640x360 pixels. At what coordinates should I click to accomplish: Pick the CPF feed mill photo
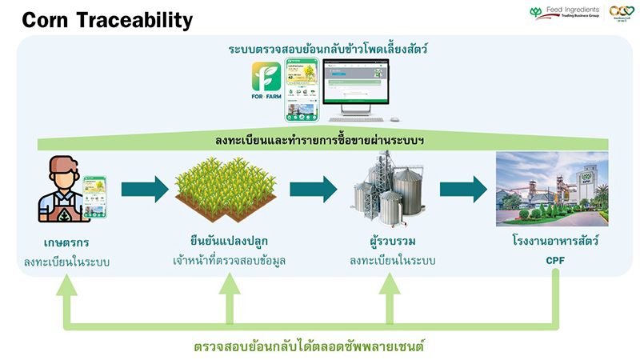pos(552,189)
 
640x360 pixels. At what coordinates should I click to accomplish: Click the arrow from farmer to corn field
pos(144,190)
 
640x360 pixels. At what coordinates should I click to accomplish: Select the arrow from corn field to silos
pos(313,190)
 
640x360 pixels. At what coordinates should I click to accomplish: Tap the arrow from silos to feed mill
pos(463,190)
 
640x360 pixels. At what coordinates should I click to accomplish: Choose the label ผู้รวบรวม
pos(391,242)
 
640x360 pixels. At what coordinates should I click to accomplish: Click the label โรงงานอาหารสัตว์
pos(552,242)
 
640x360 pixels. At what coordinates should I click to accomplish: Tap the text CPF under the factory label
pos(552,260)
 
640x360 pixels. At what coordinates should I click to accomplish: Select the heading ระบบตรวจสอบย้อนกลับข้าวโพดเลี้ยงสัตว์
pos(328,50)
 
